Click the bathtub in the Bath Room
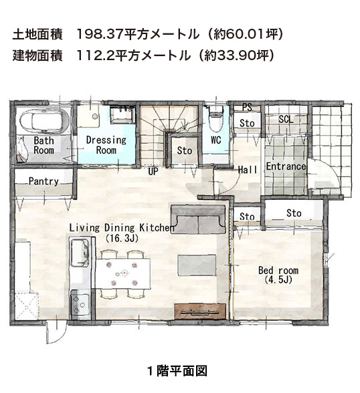[x=44, y=121]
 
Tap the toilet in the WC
[x=216, y=118]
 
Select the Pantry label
[x=43, y=181]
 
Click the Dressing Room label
[x=106, y=145]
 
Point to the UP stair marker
[x=153, y=172]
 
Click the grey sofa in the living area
[x=198, y=219]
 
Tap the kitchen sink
[x=80, y=253]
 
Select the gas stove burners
[x=80, y=303]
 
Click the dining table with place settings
[x=123, y=273]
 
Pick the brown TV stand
[x=200, y=311]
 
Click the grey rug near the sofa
[x=197, y=265]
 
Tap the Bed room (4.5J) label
[x=278, y=275]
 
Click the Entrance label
[x=286, y=166]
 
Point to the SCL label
[x=286, y=119]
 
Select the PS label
[x=247, y=107]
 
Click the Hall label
[x=248, y=170]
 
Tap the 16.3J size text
[x=122, y=238]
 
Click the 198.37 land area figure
[x=100, y=34]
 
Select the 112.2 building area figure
[x=95, y=55]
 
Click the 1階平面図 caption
[x=177, y=371]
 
